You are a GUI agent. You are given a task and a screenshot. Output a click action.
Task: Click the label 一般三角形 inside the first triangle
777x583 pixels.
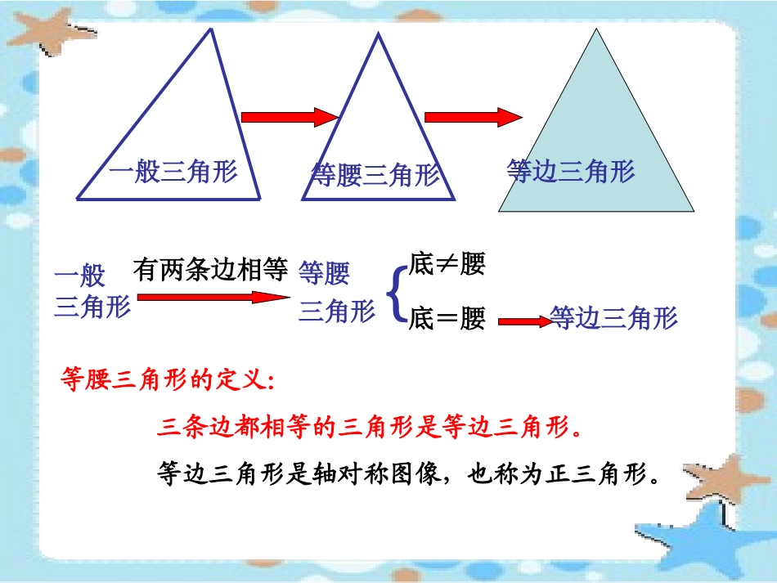173,172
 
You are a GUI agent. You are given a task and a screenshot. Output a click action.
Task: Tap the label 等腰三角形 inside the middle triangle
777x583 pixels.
375,175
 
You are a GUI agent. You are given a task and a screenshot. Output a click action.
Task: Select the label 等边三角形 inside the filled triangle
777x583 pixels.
571,171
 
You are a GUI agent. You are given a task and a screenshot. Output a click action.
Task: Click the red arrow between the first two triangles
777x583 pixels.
290,118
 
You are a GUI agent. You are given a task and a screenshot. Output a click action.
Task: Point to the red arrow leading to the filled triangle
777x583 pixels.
473,118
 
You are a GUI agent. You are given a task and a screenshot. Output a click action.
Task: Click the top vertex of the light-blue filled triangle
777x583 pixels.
597,30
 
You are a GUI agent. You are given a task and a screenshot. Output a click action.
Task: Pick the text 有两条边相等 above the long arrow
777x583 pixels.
211,270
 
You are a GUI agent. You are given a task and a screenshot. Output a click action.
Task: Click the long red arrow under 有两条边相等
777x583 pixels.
213,297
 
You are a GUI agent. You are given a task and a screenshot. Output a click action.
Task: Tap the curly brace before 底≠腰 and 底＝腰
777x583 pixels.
394,292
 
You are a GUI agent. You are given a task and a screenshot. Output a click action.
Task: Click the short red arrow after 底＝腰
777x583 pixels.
524,322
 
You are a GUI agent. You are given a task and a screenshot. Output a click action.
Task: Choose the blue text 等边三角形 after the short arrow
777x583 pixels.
614,317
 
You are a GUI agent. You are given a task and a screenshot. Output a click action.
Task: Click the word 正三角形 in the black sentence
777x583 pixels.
595,473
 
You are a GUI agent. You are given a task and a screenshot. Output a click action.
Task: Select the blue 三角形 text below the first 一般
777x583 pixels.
92,307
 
